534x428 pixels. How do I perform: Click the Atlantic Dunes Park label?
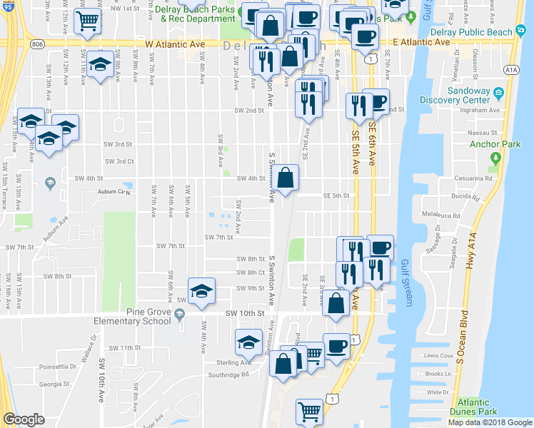pos(478,407)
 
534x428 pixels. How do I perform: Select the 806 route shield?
pos(36,44)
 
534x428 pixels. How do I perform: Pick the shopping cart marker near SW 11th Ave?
pos(87,21)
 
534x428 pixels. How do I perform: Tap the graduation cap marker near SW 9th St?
pos(202,290)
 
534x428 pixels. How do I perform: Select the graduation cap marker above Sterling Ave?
pos(248,342)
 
